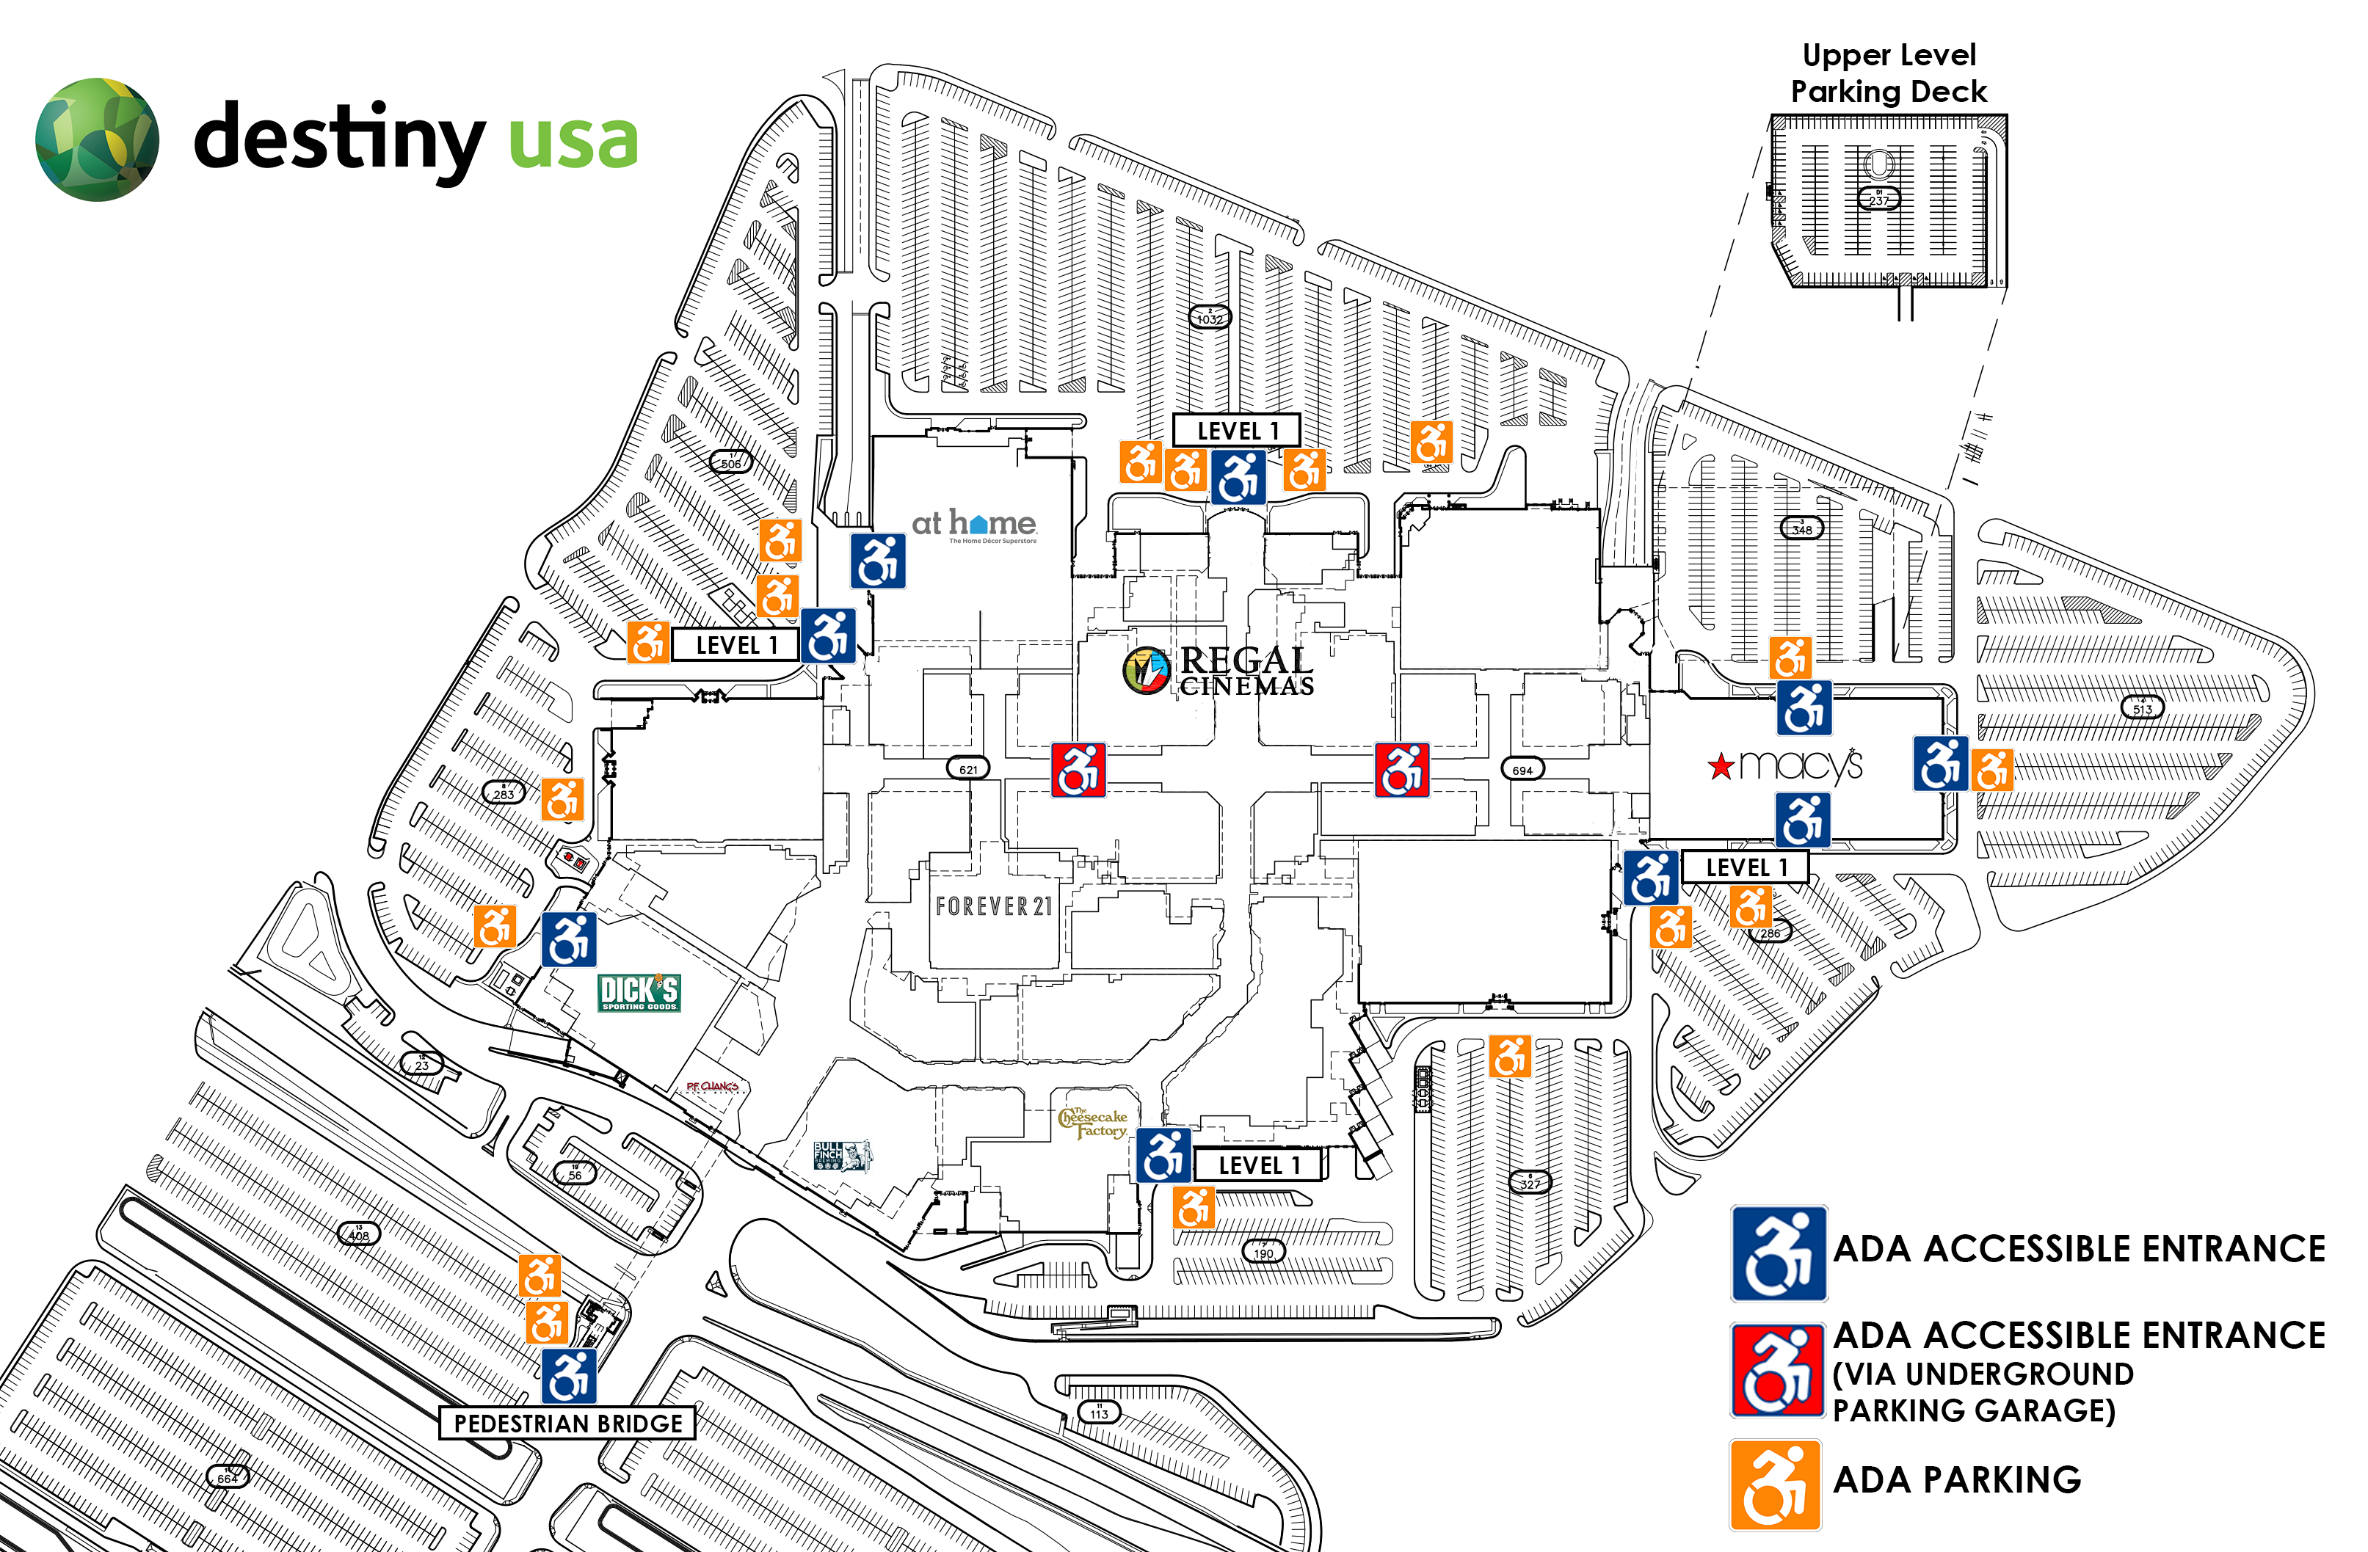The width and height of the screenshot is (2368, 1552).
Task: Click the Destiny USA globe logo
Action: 96,139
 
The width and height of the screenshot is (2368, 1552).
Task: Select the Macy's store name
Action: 1785,765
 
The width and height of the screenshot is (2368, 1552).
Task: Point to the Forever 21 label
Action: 993,906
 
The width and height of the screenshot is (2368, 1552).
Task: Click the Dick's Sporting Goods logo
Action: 639,992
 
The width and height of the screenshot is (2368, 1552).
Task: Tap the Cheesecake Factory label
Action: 1092,1123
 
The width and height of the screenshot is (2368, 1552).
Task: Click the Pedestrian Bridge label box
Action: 567,1424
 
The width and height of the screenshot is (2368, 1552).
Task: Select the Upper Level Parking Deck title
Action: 1889,73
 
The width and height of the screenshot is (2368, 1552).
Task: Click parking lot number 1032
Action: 1210,318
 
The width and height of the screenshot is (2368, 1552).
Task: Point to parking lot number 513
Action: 2142,708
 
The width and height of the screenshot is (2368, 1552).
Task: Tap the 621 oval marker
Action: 968,769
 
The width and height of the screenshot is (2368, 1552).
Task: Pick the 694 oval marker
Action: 1522,770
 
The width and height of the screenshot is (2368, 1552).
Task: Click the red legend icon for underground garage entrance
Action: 1778,1371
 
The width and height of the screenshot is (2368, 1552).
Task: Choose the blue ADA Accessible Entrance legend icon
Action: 1779,1253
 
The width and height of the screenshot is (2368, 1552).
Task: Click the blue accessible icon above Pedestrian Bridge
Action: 569,1376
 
